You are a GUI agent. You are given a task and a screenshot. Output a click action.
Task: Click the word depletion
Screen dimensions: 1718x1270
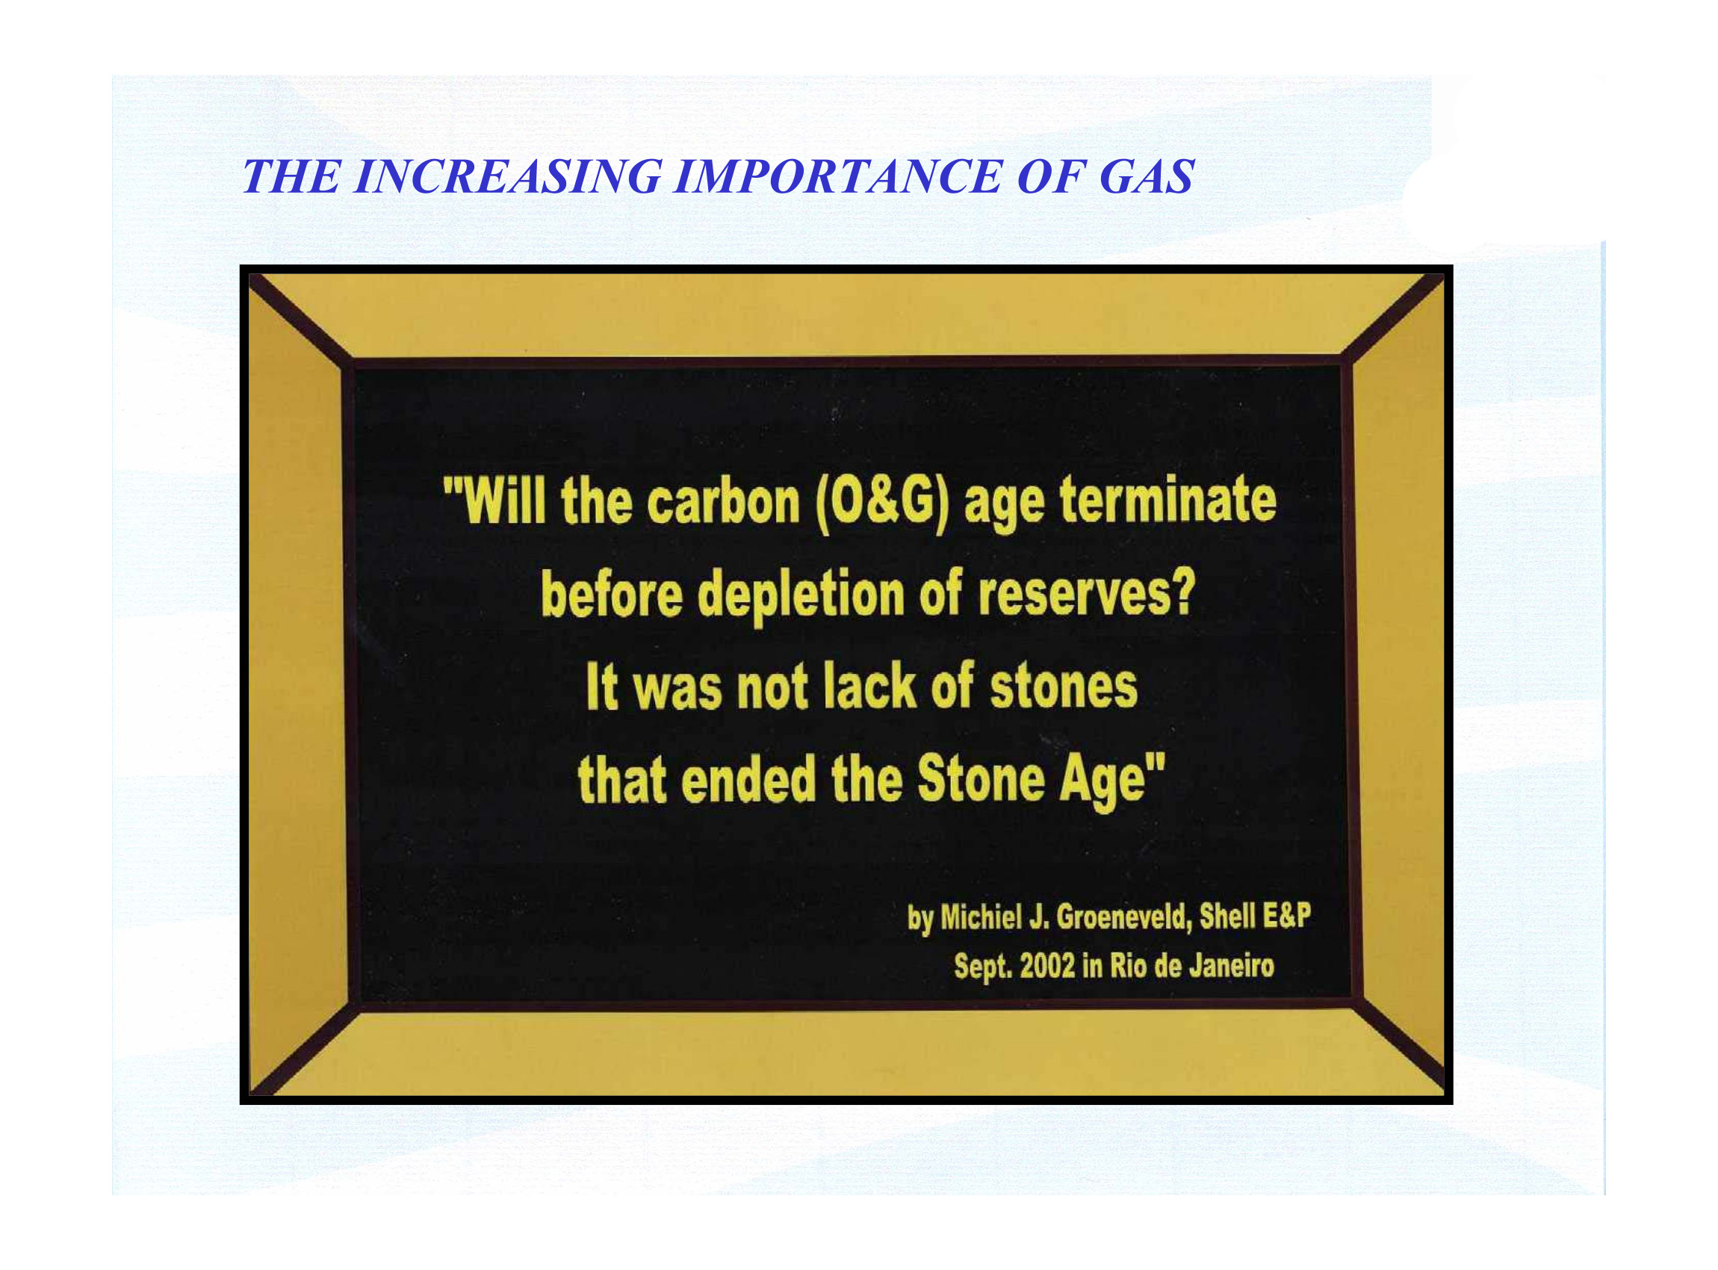pos(801,598)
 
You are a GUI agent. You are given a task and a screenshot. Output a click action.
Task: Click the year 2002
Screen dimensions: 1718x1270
pos(1046,965)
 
